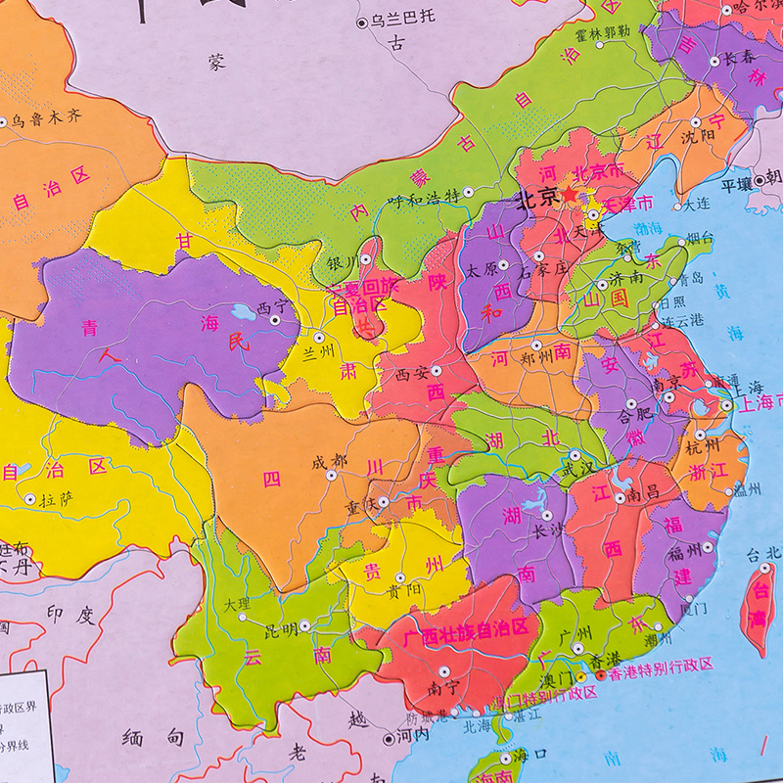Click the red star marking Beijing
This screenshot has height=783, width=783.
tap(570, 197)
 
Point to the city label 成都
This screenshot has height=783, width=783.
tap(329, 460)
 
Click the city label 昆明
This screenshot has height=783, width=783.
tap(280, 625)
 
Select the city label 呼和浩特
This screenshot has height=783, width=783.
tap(424, 195)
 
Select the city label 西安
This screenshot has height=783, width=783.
tap(412, 372)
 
